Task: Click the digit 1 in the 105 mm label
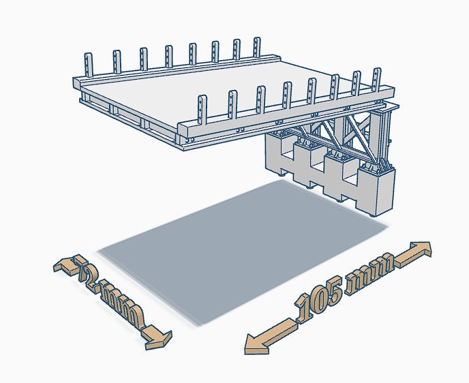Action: [304, 308]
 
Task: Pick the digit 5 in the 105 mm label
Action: [333, 290]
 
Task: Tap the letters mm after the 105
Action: [369, 273]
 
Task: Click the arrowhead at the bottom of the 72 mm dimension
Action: [157, 338]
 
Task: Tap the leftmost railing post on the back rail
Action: [89, 65]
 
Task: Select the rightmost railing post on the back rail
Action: [257, 47]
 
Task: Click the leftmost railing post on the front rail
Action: [202, 110]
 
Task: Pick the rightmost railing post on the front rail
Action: [376, 80]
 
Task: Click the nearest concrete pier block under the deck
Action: [376, 191]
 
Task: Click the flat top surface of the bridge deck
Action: [215, 90]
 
